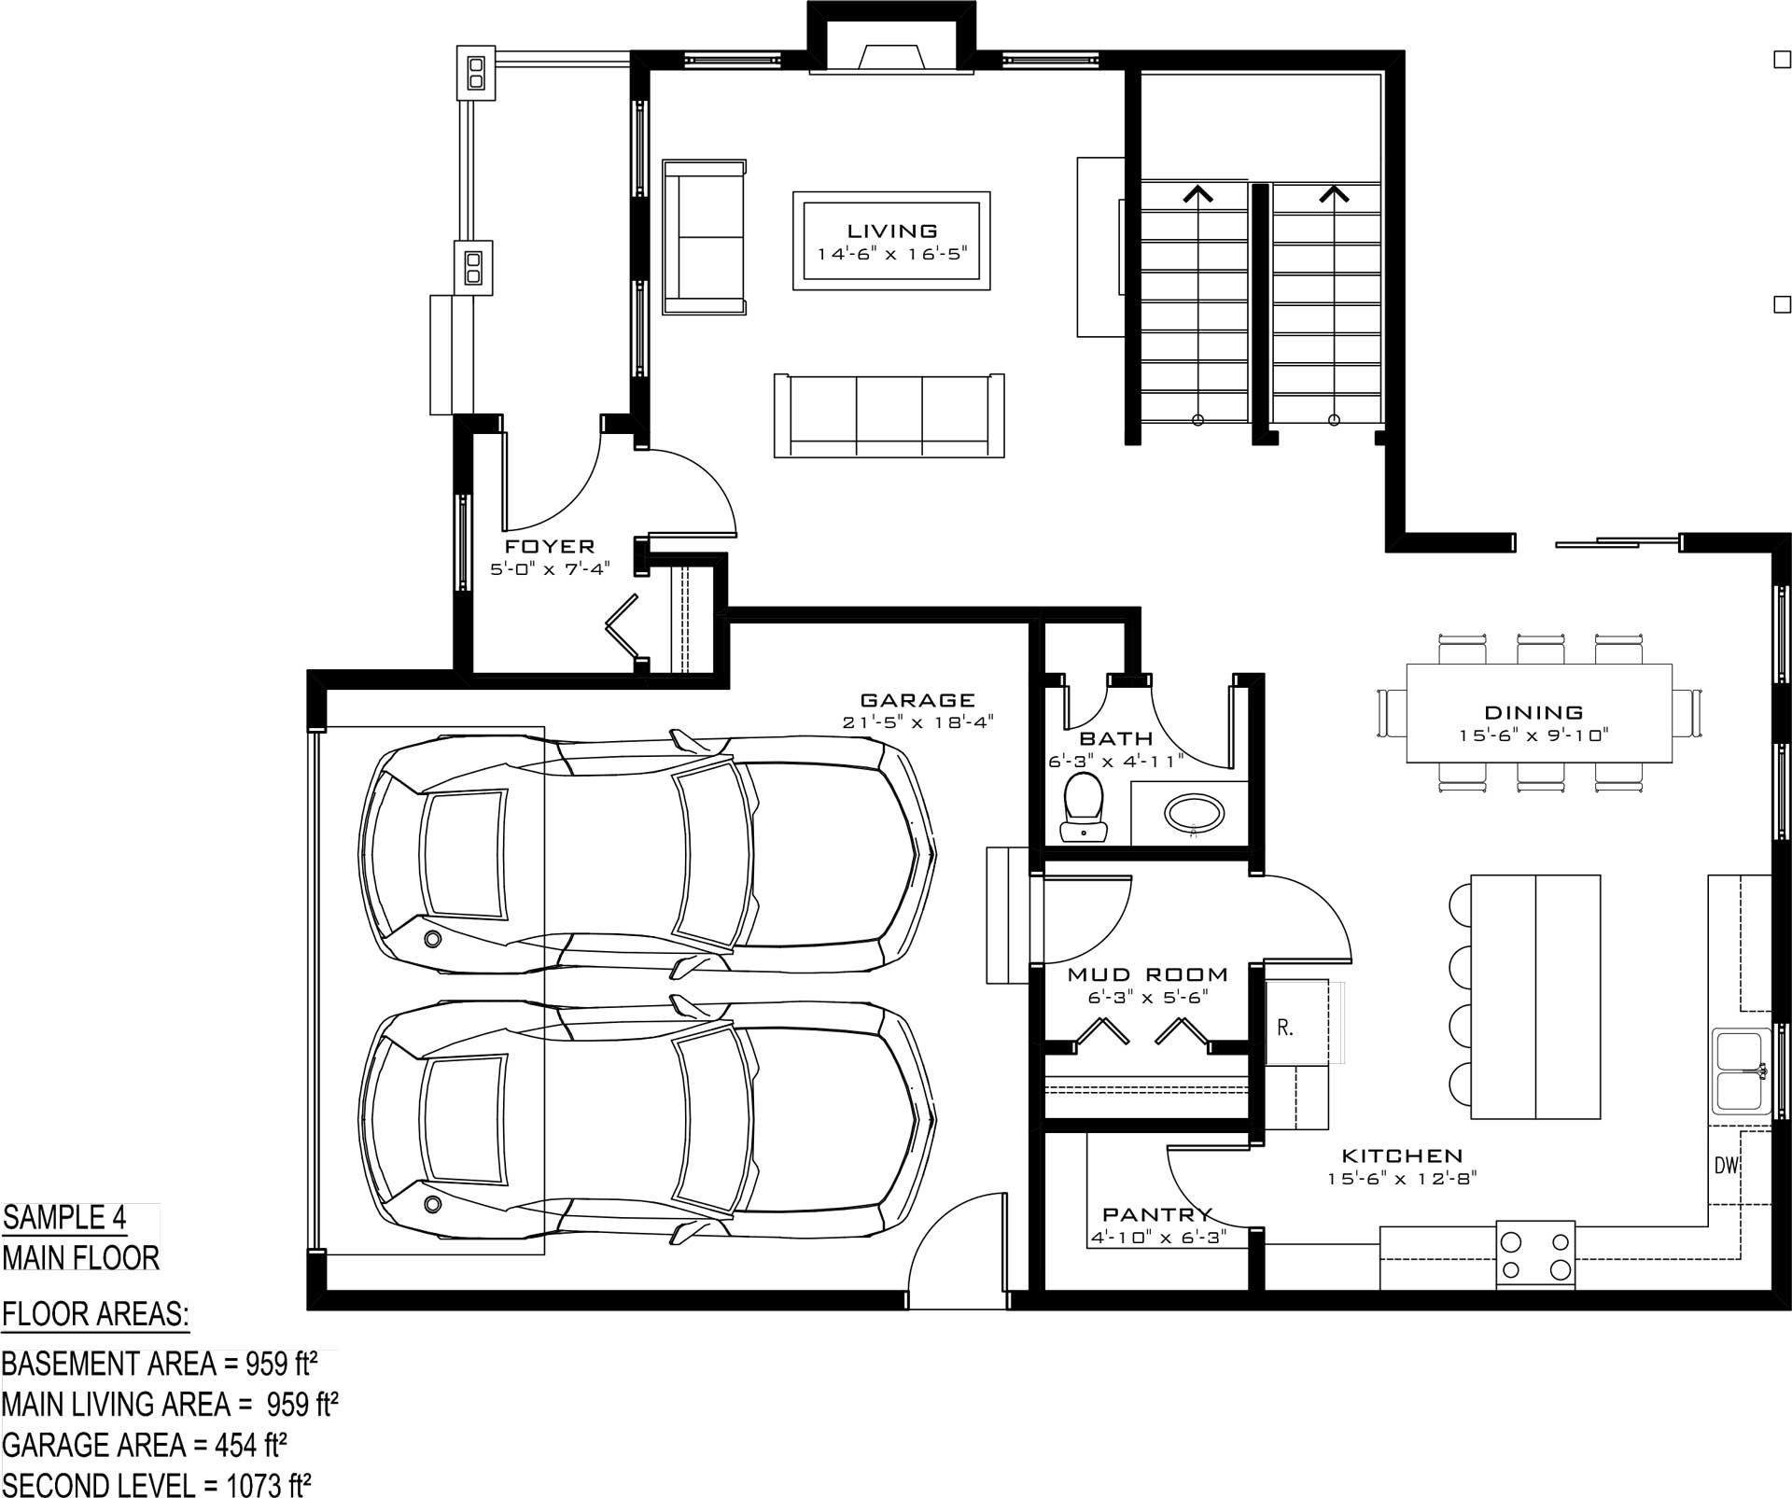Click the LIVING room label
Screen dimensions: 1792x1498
click(x=891, y=231)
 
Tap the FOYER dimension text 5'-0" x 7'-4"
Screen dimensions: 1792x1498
click(x=550, y=568)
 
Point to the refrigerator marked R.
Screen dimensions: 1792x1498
click(x=1297, y=1023)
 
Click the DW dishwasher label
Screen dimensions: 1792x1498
click(x=1726, y=1166)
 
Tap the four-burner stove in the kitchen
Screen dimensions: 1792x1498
click(x=1535, y=1255)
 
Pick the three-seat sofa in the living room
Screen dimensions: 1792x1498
click(x=889, y=415)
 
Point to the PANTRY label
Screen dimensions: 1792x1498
click(x=1157, y=1214)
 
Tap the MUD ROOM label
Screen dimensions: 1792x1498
click(x=1148, y=974)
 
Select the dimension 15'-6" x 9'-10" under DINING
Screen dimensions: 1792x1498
click(x=1534, y=735)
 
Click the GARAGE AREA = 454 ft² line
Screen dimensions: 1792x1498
click(x=144, y=1446)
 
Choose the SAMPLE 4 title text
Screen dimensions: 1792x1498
click(x=64, y=1218)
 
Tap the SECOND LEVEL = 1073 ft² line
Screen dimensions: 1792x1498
click(x=156, y=1484)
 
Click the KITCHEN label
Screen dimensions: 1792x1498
click(x=1402, y=1156)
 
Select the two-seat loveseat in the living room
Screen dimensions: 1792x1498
click(x=705, y=237)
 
